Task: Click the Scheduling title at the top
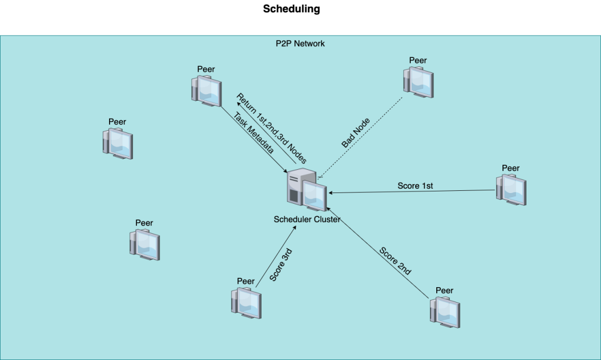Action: [291, 9]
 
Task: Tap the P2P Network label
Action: [300, 43]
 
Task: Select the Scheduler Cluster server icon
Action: [307, 190]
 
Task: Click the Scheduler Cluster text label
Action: [307, 219]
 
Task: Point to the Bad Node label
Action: [356, 132]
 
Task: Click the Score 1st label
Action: [415, 186]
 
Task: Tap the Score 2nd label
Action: [395, 261]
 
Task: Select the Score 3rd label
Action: [281, 265]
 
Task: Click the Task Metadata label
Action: [253, 132]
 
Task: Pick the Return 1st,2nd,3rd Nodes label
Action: [272, 128]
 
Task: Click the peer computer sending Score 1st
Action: [511, 190]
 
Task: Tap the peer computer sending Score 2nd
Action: [445, 312]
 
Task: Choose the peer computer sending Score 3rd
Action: [247, 303]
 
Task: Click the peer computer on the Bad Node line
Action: [418, 82]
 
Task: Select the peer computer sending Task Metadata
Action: [206, 91]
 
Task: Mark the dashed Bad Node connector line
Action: [360, 137]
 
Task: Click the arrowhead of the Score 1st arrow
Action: [331, 193]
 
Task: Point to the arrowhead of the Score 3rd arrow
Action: [294, 228]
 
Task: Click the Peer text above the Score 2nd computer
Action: [444, 290]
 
